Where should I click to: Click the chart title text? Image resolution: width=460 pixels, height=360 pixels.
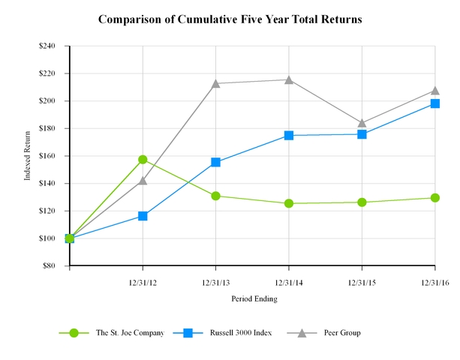(x=230, y=19)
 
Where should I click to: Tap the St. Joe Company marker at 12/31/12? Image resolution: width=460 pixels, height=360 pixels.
(x=143, y=160)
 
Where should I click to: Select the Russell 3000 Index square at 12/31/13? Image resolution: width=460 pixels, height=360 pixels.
(x=216, y=162)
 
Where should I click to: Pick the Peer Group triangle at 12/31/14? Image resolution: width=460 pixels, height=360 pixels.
(x=289, y=79)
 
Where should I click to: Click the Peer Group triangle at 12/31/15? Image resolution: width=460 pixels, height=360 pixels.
(x=362, y=123)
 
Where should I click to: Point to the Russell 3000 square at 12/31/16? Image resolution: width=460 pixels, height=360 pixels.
(x=435, y=103)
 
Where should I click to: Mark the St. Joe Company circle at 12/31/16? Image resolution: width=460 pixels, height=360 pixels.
(x=435, y=198)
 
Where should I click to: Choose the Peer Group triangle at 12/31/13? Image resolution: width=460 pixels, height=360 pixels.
(x=216, y=83)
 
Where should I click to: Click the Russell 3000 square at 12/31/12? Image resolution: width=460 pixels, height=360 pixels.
(x=143, y=216)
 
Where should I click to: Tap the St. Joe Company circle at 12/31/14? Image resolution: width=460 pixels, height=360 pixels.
(x=289, y=203)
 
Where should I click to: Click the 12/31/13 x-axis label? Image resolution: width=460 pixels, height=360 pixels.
(x=216, y=282)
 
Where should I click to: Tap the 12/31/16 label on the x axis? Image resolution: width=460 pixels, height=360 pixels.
(x=434, y=282)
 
